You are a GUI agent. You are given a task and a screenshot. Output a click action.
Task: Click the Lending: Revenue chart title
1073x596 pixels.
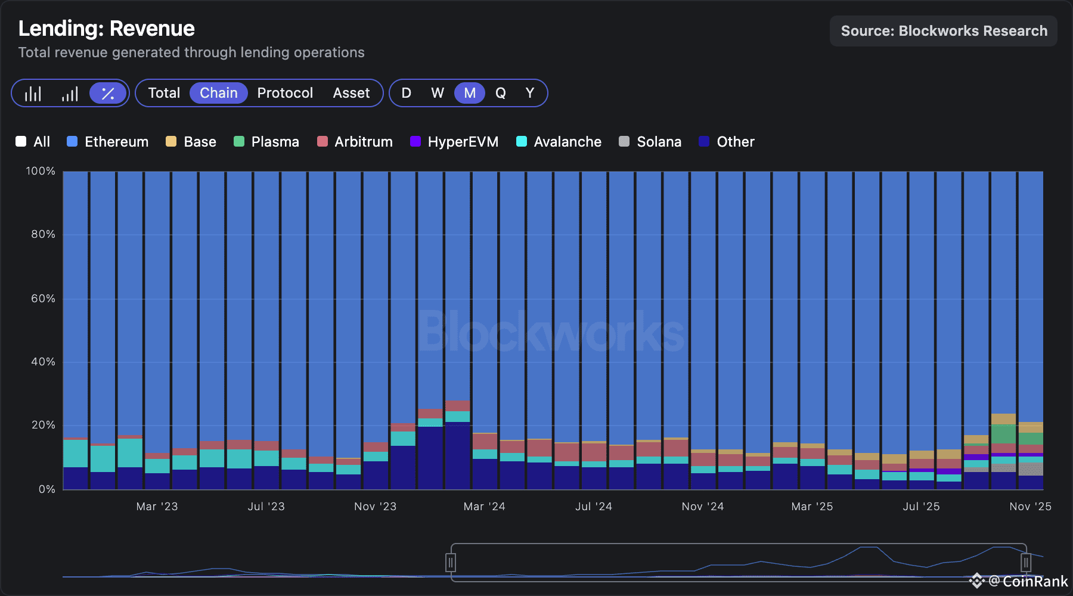106,29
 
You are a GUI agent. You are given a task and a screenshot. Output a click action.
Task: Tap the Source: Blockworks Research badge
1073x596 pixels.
943,31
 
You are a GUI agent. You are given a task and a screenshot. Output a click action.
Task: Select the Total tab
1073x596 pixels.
164,93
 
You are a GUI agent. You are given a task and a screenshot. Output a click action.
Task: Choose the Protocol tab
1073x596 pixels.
285,93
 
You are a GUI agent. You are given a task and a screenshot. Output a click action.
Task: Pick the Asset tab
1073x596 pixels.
351,93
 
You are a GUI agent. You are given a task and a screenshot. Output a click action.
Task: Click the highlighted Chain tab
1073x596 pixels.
218,93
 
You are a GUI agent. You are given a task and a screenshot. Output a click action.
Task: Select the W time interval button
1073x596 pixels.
438,93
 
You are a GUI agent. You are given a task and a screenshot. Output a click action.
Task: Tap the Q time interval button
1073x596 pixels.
501,93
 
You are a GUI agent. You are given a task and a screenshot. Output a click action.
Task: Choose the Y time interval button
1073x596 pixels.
530,93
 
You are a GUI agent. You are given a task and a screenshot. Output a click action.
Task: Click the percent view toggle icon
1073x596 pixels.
108,93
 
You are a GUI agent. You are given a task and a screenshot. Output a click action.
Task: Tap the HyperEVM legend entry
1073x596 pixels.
454,142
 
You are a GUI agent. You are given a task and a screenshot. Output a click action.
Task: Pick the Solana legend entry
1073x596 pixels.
650,142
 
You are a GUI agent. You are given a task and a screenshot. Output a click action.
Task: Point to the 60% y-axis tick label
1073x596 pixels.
43,298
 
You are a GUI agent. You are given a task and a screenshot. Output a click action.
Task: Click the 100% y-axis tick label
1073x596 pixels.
41,171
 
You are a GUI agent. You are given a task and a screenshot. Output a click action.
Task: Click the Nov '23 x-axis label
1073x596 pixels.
375,507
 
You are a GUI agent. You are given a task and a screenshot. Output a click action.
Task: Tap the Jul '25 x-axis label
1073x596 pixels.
921,507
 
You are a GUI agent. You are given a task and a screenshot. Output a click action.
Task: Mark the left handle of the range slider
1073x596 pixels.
451,562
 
